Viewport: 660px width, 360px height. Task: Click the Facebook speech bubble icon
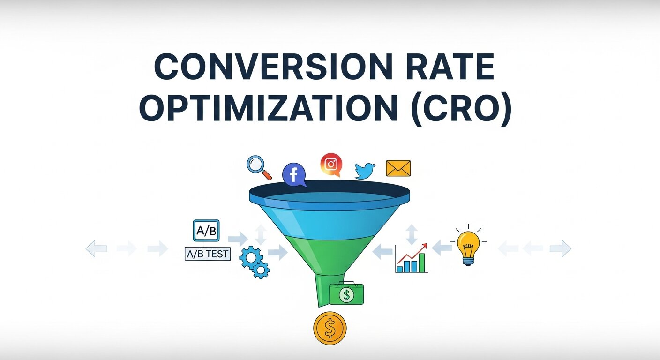pos(294,175)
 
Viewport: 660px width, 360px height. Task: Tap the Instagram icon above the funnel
pos(331,165)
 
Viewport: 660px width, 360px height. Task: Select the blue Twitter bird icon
pos(366,171)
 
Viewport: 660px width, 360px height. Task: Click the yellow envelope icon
pos(398,168)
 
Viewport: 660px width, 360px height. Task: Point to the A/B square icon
pos(206,231)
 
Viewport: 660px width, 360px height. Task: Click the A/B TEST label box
pos(208,254)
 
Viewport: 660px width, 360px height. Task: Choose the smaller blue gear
pos(261,270)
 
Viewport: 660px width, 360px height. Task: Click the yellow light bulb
pos(468,246)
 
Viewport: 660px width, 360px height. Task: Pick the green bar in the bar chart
pos(422,263)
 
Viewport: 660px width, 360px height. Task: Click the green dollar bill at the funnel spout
pos(347,294)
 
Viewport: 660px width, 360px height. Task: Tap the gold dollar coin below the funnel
pos(330,328)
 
